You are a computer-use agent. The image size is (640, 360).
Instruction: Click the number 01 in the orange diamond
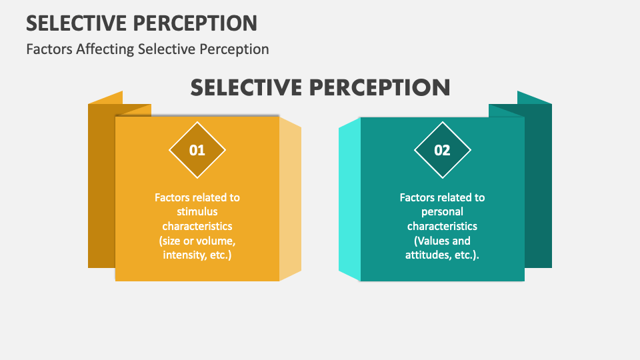197,150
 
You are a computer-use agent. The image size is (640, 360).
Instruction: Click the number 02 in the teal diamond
442,150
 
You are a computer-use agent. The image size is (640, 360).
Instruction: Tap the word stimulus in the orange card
197,211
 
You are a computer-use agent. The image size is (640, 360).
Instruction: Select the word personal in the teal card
442,212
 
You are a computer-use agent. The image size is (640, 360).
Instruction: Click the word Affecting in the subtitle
105,49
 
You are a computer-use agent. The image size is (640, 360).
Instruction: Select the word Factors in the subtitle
49,49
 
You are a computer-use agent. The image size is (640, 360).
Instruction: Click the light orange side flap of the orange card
290,199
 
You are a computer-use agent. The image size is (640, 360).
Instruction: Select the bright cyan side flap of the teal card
350,199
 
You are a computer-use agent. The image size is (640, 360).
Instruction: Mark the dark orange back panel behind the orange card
101,186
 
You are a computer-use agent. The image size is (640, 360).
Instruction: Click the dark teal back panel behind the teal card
538,186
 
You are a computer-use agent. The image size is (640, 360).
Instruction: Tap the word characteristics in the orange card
197,226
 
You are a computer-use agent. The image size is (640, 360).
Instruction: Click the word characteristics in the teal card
442,226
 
